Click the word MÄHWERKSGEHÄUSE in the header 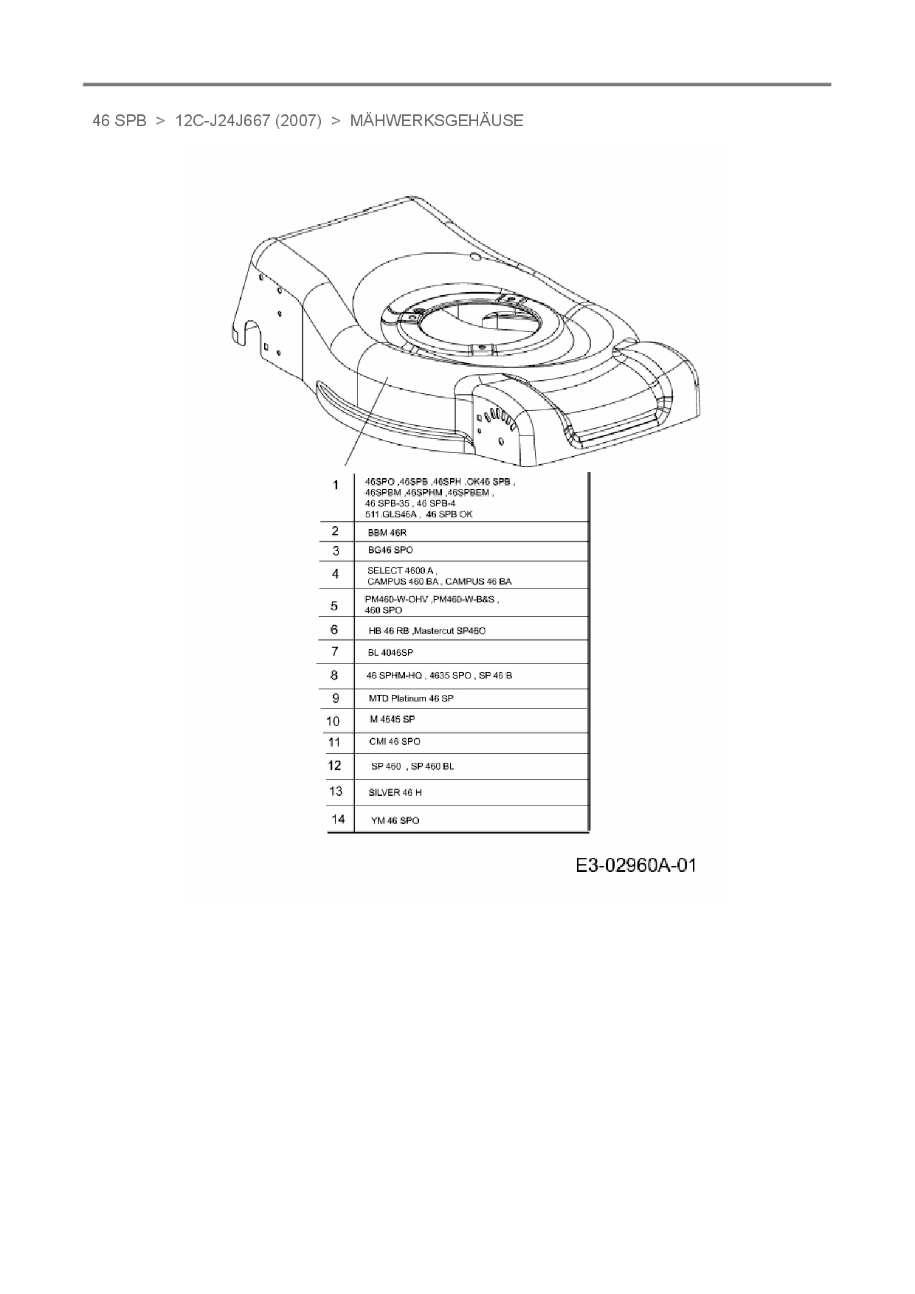[436, 121]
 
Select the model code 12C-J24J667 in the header [223, 121]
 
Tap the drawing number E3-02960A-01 [635, 865]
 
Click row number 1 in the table [336, 485]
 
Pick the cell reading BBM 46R [387, 533]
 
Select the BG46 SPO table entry [390, 550]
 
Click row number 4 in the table [336, 574]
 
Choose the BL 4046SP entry [390, 653]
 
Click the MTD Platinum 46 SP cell [411, 698]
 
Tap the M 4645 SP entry [392, 719]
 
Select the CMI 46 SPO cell [395, 741]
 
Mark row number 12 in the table [335, 766]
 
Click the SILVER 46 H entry [395, 792]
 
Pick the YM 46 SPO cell [395, 820]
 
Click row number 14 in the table [337, 819]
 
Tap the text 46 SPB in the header [120, 121]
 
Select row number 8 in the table [335, 675]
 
